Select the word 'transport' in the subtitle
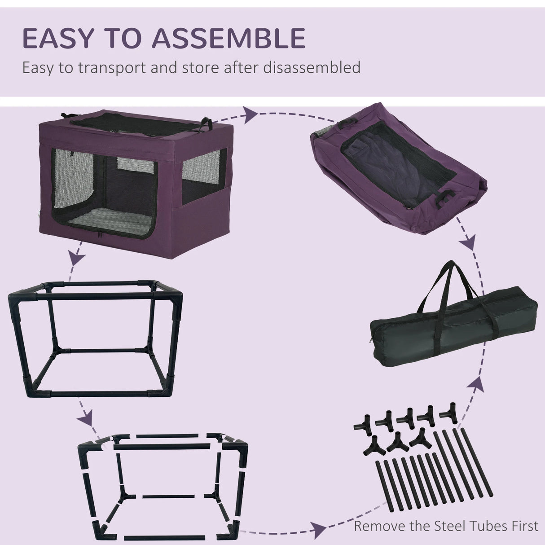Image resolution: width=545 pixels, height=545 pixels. point(100,68)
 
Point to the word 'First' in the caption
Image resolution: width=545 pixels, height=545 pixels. point(520,526)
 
